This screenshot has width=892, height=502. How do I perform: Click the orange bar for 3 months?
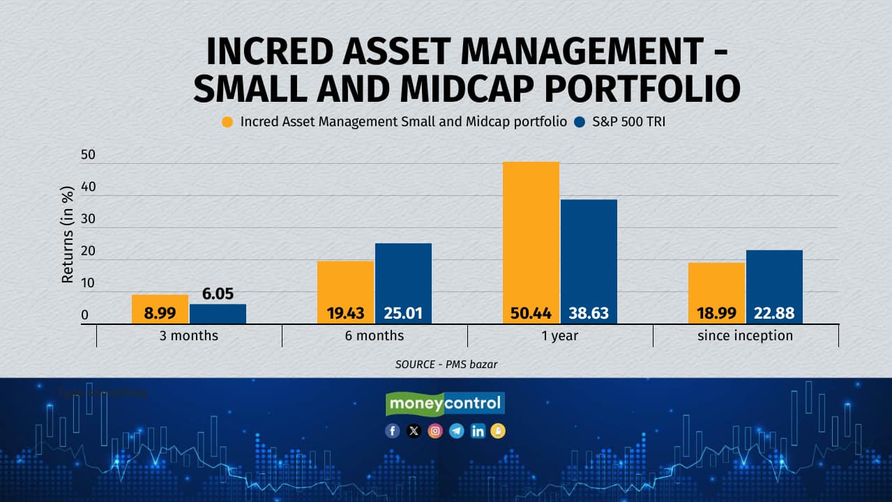(160, 309)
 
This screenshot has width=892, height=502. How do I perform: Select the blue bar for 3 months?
(218, 314)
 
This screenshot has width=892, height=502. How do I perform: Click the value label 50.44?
(531, 314)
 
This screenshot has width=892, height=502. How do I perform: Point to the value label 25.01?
(403, 314)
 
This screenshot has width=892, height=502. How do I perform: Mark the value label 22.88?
(774, 314)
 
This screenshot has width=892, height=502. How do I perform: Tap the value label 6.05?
(218, 294)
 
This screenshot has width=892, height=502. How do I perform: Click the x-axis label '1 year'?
(559, 336)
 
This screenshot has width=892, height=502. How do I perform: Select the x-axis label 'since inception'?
(745, 336)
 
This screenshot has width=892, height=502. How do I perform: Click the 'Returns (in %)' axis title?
(68, 234)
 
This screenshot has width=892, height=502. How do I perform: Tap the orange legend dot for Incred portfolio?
(227, 122)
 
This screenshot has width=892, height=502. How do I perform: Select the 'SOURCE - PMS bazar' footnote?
(446, 364)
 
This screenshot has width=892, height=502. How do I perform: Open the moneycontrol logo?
(445, 403)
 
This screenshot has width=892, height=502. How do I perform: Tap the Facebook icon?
(393, 431)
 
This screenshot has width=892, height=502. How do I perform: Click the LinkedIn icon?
(478, 431)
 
